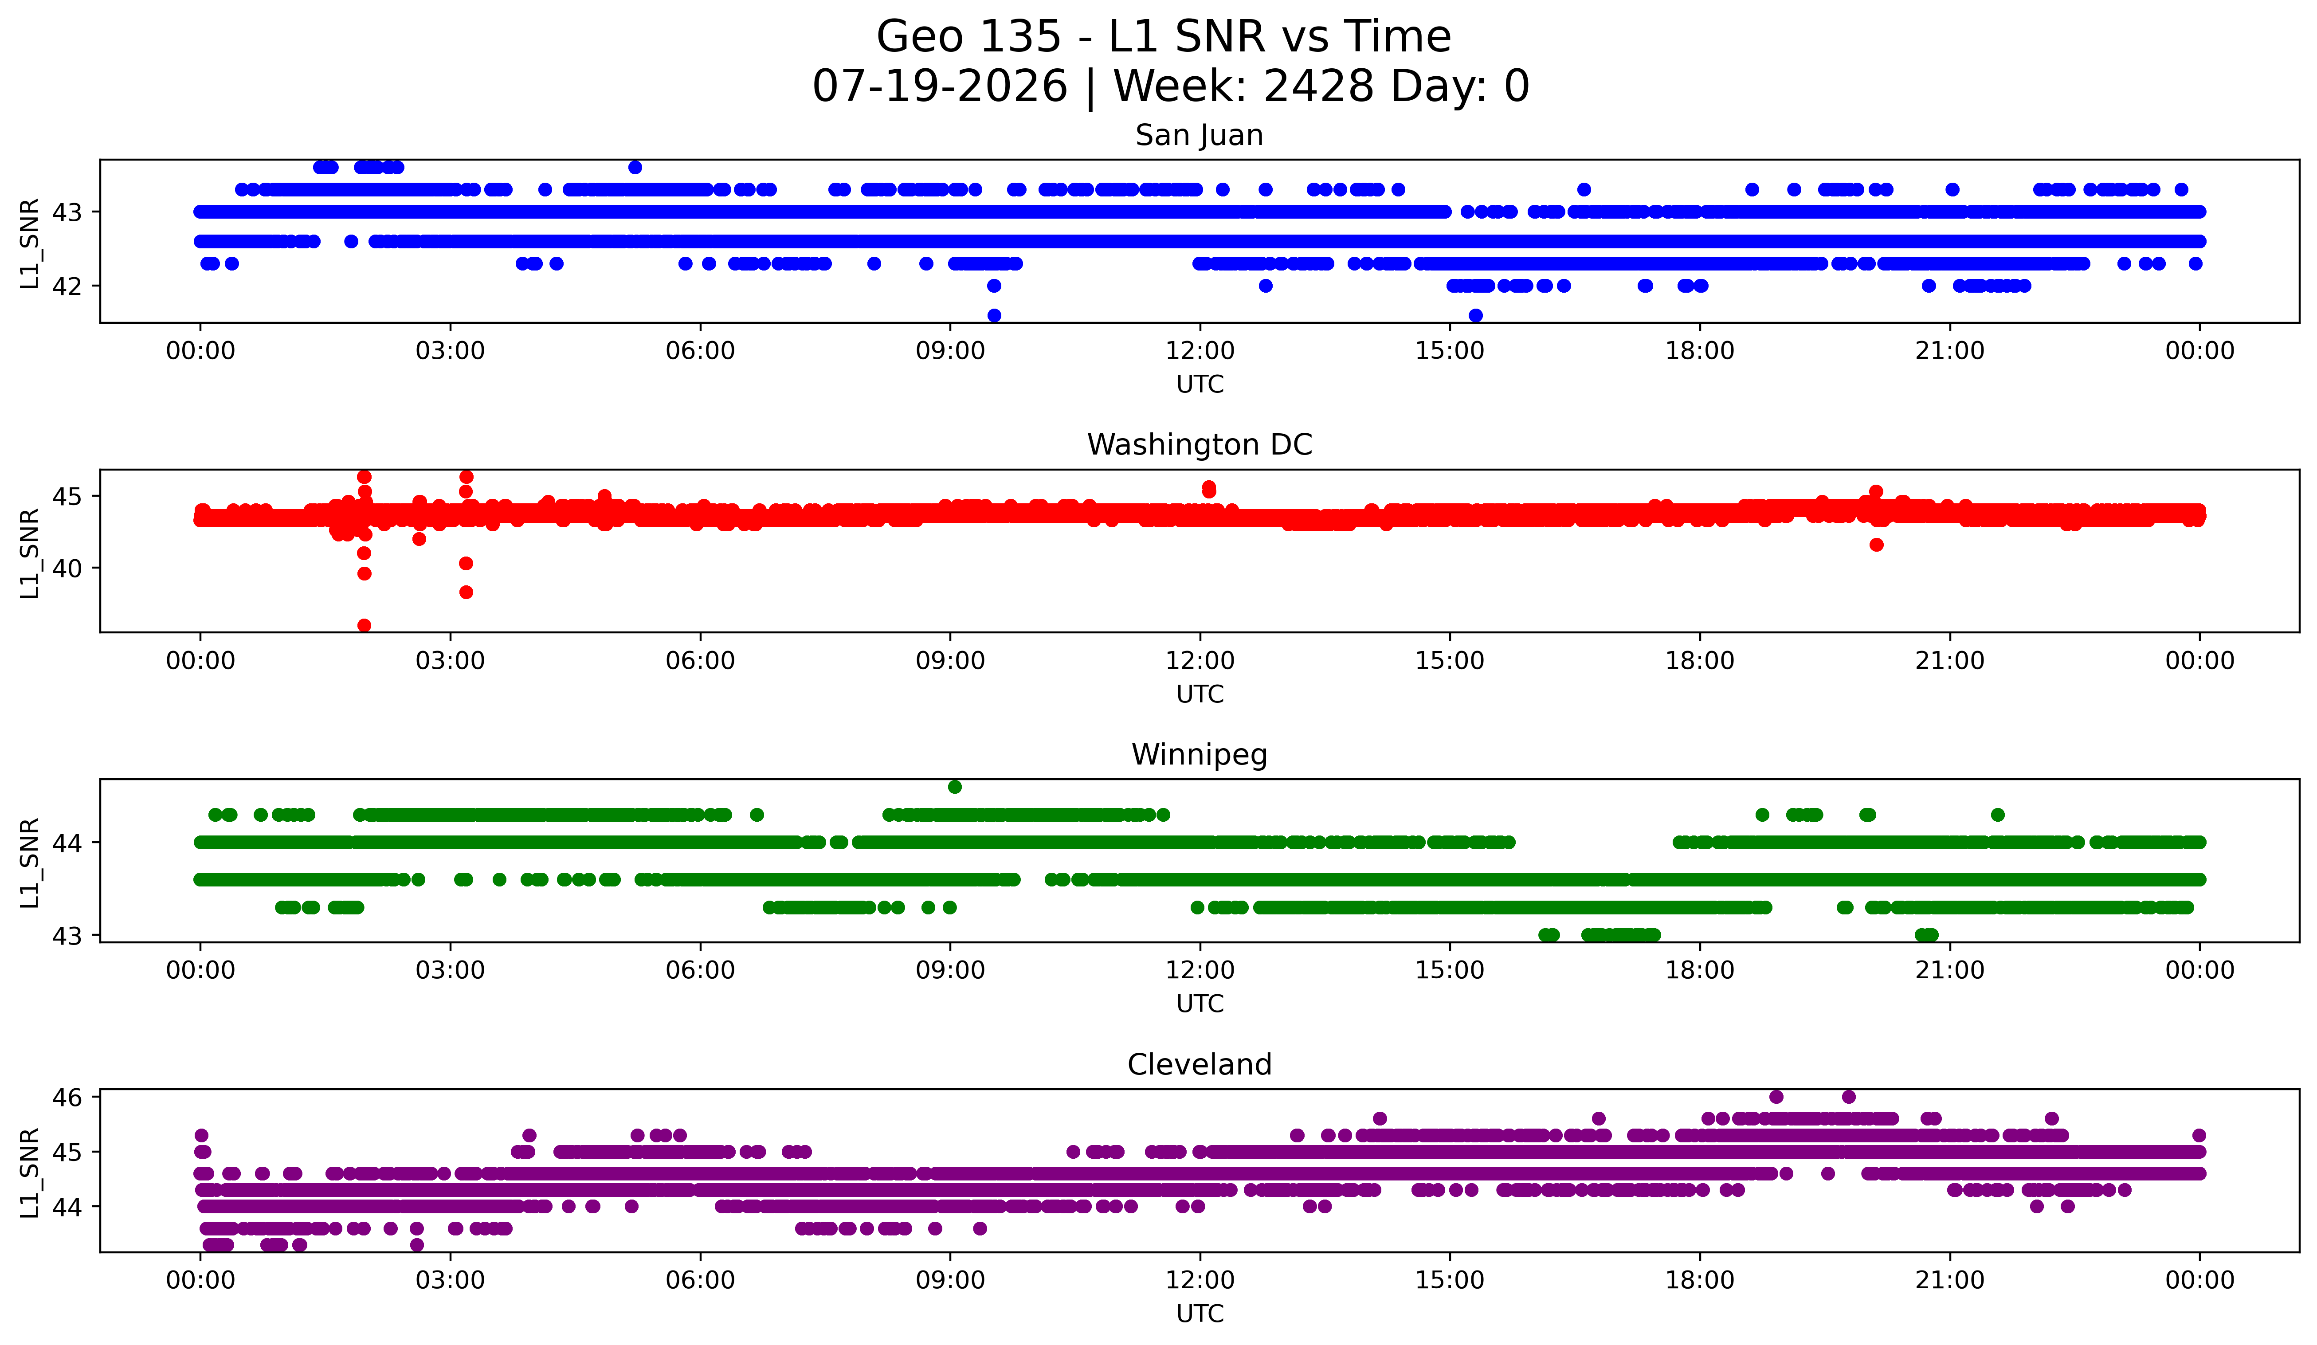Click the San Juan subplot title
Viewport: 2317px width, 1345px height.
click(1199, 135)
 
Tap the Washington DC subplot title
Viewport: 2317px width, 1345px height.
click(1199, 445)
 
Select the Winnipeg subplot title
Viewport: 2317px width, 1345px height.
click(1199, 755)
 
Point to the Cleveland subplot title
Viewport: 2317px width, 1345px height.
click(1199, 1065)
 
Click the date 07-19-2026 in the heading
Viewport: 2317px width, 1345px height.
click(940, 86)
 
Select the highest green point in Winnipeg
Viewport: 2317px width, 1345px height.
click(954, 787)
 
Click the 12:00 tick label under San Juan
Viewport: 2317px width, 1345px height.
click(1200, 351)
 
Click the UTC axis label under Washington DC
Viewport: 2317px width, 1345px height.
click(1200, 694)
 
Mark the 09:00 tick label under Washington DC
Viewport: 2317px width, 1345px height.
click(950, 661)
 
